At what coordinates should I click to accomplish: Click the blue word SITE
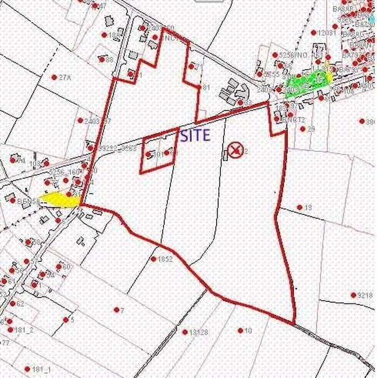click(x=195, y=136)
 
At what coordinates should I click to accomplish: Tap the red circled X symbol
click(x=234, y=150)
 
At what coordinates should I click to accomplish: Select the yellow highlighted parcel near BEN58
click(x=59, y=199)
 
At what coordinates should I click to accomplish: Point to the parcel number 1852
click(x=164, y=259)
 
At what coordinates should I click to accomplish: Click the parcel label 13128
click(x=198, y=332)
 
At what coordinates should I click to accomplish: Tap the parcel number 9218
click(x=365, y=295)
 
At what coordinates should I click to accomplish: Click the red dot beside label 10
click(x=240, y=330)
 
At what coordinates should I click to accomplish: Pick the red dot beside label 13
click(x=300, y=207)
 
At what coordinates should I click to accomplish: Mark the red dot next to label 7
click(x=116, y=310)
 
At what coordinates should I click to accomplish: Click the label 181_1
click(x=41, y=369)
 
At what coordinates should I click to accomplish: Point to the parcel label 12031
click(x=328, y=33)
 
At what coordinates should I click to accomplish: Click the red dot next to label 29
click(x=302, y=129)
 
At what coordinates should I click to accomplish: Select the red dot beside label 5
click(x=65, y=320)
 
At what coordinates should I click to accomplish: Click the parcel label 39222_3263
click(x=118, y=148)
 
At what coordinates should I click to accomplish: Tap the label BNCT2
click(x=295, y=119)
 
